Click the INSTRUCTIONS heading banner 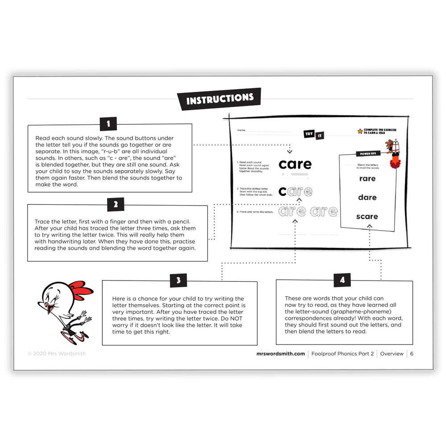coord(219,99)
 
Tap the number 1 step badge coord(108,124)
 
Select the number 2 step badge coord(116,205)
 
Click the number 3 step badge coord(178,280)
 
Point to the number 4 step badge coord(342,280)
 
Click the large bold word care coord(295,164)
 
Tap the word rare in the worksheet coord(367,178)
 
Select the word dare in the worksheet coord(367,197)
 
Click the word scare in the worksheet coord(367,216)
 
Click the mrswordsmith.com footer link coord(281,354)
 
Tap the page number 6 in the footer coord(412,354)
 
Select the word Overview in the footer coord(392,354)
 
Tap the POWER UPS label coord(368,153)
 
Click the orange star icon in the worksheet coord(359,131)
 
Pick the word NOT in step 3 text coord(234,319)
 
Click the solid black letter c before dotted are coord(282,192)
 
